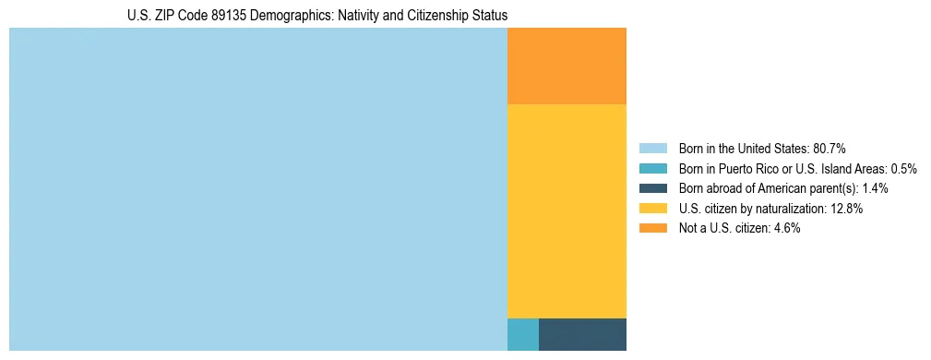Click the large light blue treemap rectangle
tap(258, 189)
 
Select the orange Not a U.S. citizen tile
tap(567, 66)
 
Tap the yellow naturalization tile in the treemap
tap(567, 211)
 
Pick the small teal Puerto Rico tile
tap(523, 334)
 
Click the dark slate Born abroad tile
tap(582, 334)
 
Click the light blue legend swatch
tap(652, 149)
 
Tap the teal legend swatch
tap(652, 169)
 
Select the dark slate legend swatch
tap(652, 188)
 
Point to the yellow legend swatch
tap(652, 209)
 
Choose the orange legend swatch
tap(652, 228)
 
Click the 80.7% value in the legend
tap(830, 149)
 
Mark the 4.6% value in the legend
tap(788, 228)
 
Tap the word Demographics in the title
tap(300, 16)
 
